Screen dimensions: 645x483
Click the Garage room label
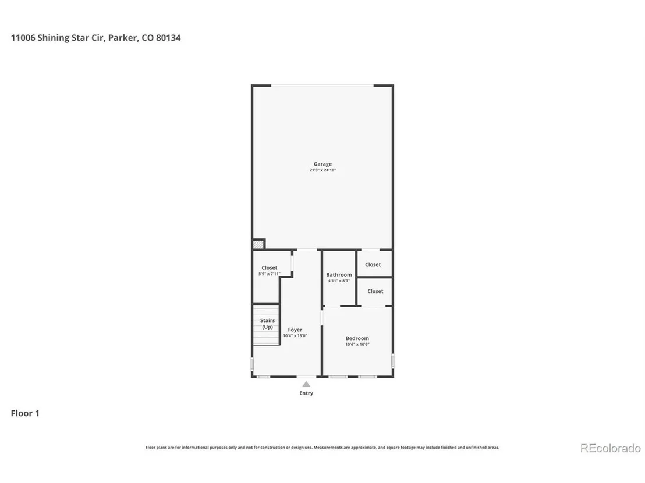[322, 164]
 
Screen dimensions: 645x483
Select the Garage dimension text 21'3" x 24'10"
[322, 170]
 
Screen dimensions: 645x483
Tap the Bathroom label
[339, 275]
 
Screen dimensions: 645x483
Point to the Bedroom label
[357, 338]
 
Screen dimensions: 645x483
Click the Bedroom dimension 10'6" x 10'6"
[357, 344]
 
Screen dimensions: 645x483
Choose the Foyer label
[295, 330]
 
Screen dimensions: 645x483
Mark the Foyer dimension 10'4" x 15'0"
[295, 335]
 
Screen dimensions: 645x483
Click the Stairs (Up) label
[267, 324]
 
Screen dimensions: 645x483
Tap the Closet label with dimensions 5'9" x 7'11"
[270, 268]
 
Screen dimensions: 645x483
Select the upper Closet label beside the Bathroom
[373, 264]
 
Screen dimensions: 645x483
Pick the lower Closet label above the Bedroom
[375, 291]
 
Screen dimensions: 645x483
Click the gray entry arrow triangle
[306, 384]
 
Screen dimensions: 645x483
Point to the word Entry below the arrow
[306, 393]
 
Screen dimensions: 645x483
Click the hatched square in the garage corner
[258, 244]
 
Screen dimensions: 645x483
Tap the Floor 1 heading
[25, 413]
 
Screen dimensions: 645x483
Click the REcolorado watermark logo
[611, 448]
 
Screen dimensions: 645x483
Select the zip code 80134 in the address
[168, 38]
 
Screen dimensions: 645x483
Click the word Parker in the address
[123, 38]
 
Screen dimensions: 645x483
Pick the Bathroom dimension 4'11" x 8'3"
[339, 281]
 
